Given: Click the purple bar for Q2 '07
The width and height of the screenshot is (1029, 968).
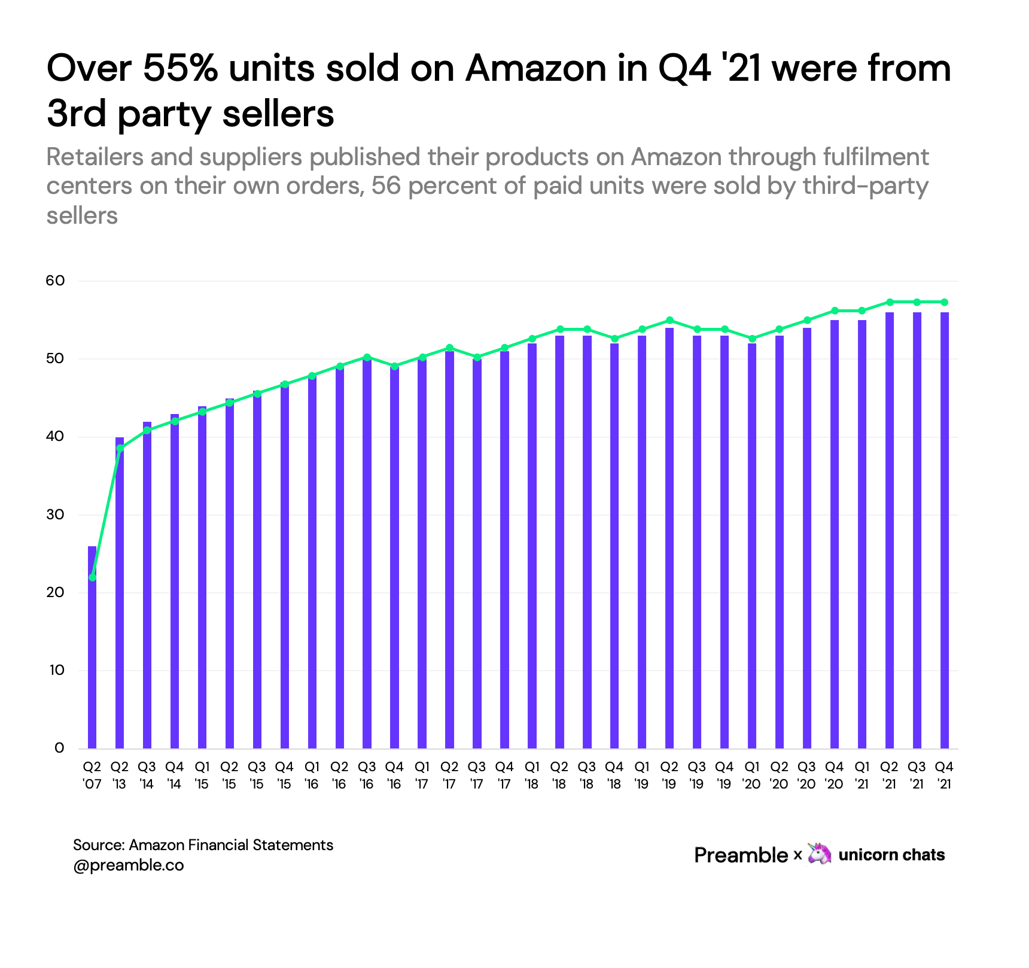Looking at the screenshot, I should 92,652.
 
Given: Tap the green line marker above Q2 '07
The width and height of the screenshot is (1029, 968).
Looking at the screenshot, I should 92,577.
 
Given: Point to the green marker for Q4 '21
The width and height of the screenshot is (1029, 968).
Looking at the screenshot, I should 944,302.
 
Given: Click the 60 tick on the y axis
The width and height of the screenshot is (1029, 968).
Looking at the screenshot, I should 55,281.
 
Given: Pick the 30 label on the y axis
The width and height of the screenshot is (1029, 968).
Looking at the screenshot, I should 55,515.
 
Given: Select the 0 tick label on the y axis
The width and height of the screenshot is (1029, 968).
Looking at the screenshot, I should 59,748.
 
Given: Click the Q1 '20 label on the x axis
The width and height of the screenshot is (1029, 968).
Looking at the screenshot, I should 751,775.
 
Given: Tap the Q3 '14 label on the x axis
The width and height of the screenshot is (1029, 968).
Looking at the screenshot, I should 147,775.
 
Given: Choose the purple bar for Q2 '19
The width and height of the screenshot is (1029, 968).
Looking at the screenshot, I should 669,538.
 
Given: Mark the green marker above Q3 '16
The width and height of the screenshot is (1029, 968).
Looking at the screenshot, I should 367,357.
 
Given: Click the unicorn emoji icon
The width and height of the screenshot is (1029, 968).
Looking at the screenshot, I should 819,854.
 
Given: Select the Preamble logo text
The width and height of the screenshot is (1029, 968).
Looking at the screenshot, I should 741,855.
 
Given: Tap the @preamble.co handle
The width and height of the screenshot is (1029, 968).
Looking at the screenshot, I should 128,865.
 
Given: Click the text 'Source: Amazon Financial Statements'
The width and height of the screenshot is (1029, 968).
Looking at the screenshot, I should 203,845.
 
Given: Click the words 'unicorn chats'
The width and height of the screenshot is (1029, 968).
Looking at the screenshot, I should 891,855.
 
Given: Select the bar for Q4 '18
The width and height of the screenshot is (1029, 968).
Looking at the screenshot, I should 614,544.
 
